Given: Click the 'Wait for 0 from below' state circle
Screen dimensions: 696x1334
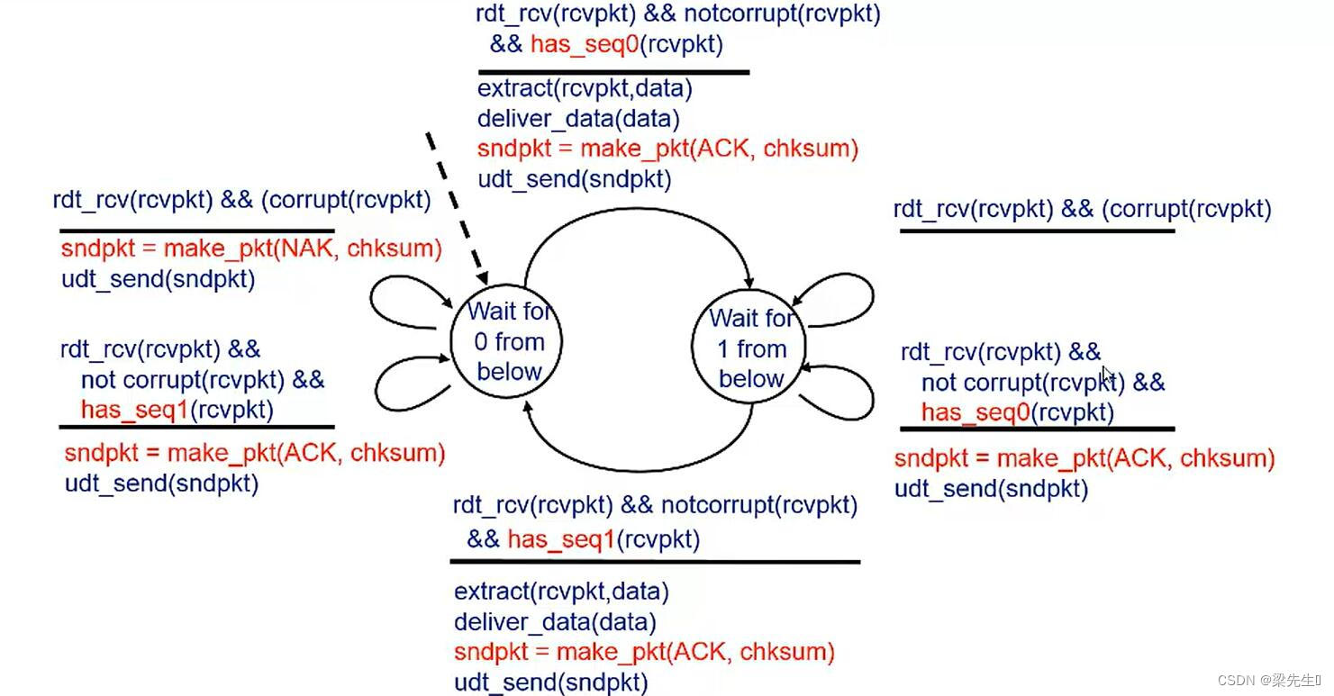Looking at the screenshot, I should pos(507,341).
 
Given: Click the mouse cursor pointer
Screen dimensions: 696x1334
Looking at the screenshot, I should pos(1108,375).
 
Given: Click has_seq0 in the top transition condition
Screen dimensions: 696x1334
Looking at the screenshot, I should pos(584,43).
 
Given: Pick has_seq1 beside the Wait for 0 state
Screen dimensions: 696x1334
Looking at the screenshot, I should pos(134,410).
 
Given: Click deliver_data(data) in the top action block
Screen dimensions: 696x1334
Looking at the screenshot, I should pos(577,118).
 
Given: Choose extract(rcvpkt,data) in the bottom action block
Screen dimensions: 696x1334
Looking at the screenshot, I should pos(561,592).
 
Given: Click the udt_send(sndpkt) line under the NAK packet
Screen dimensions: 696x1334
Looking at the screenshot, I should pos(158,279).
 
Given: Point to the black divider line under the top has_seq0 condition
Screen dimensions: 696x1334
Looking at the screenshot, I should pos(613,72).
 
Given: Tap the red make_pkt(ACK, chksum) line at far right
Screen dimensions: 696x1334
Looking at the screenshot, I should pos(1084,458).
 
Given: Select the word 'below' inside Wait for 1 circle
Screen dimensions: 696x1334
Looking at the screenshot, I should pos(751,378).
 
